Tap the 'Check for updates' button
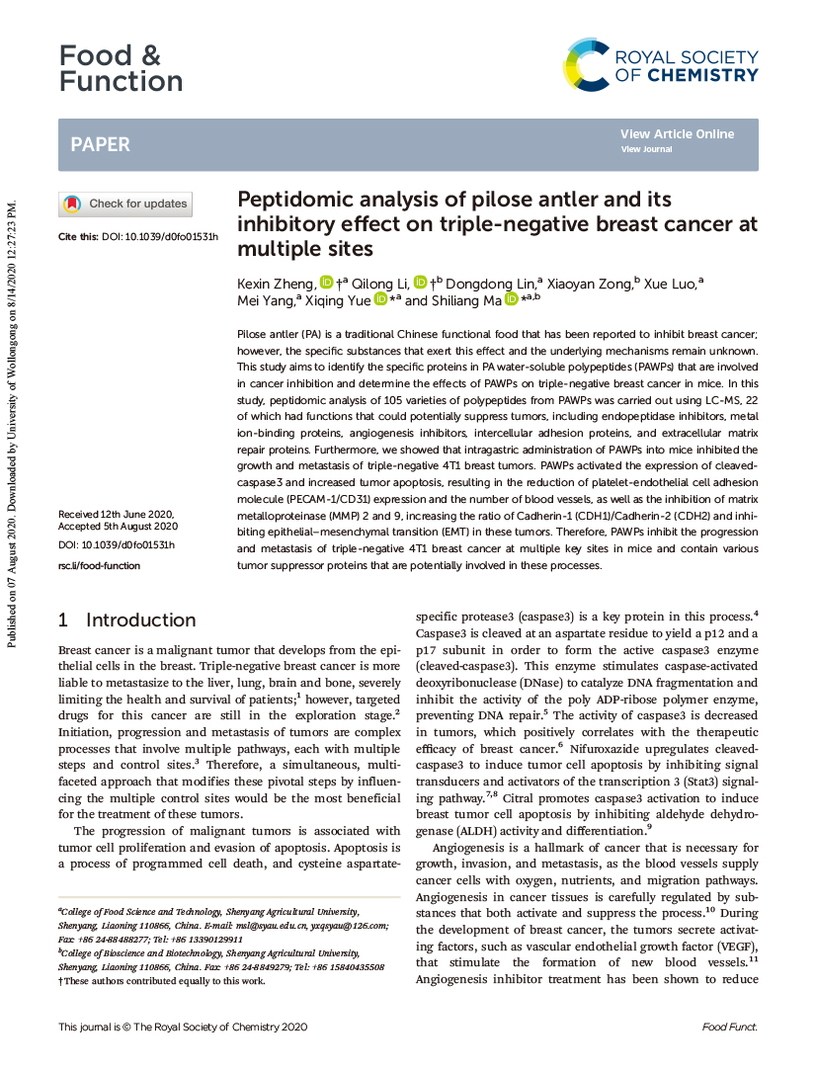pyautogui.click(x=125, y=205)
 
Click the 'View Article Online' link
pyautogui.click(x=677, y=134)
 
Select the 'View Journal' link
pyautogui.click(x=646, y=149)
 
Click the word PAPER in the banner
pyautogui.click(x=100, y=145)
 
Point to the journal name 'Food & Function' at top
pyautogui.click(x=120, y=68)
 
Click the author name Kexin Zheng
pyautogui.click(x=276, y=284)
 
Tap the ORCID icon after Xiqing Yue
pyautogui.click(x=380, y=299)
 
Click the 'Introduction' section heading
pyautogui.click(x=140, y=619)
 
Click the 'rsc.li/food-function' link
pyautogui.click(x=99, y=565)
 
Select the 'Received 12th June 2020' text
pyautogui.click(x=116, y=515)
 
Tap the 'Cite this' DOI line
pyautogui.click(x=138, y=237)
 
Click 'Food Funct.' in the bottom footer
pyautogui.click(x=729, y=1028)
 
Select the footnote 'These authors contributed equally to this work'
pyautogui.click(x=164, y=981)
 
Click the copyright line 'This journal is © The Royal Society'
pyautogui.click(x=183, y=1028)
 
